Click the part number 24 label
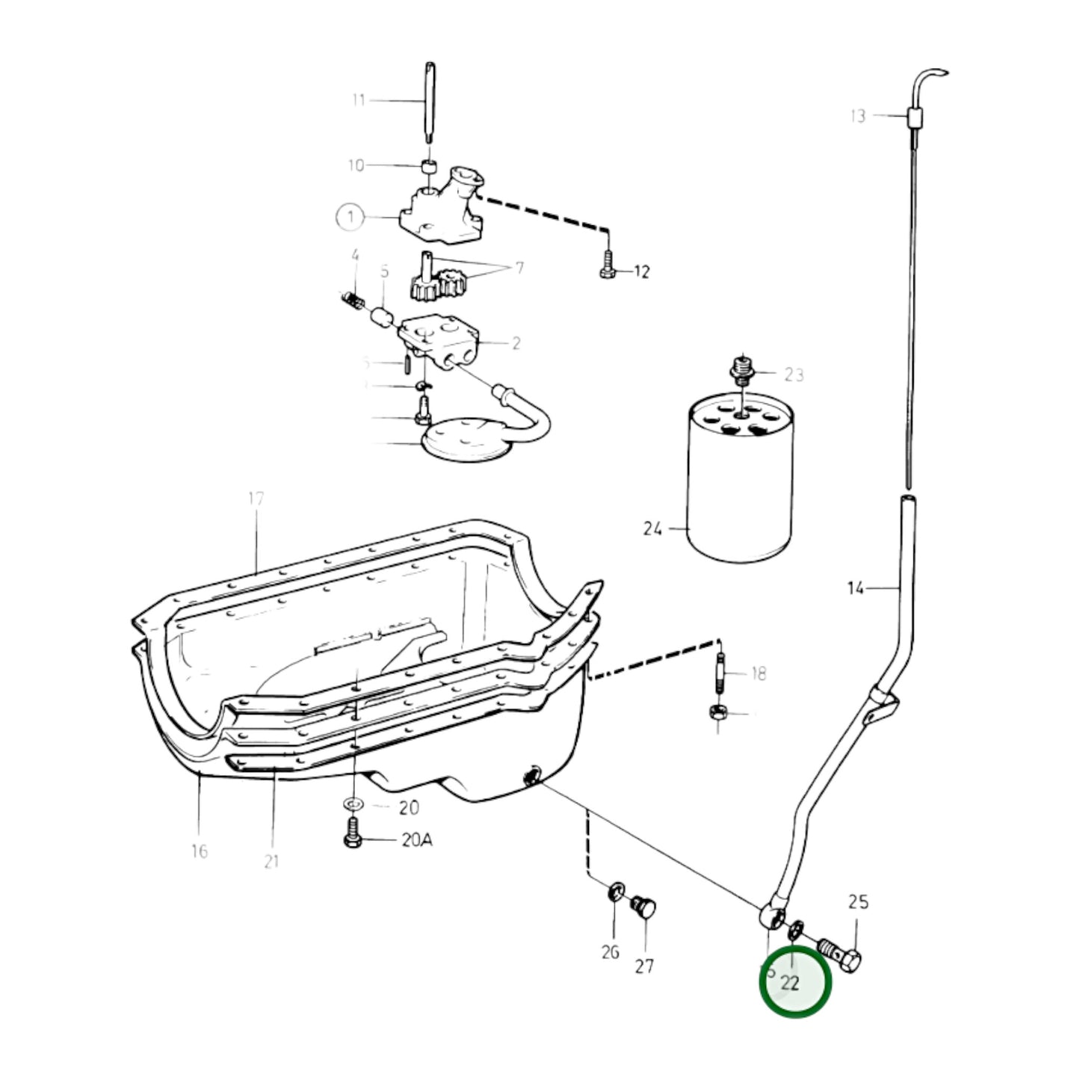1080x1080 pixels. (x=652, y=529)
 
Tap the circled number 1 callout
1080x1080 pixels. (x=349, y=217)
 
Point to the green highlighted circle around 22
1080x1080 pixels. (x=794, y=982)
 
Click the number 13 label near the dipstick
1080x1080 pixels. (x=857, y=116)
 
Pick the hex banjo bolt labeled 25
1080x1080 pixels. (x=845, y=953)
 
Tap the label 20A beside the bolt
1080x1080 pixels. (x=416, y=840)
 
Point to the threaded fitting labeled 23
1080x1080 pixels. (x=741, y=370)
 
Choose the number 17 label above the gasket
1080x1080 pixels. (x=256, y=499)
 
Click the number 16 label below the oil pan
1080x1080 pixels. (x=199, y=851)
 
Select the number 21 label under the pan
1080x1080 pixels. (x=271, y=861)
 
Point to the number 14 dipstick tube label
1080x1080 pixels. (x=855, y=588)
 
